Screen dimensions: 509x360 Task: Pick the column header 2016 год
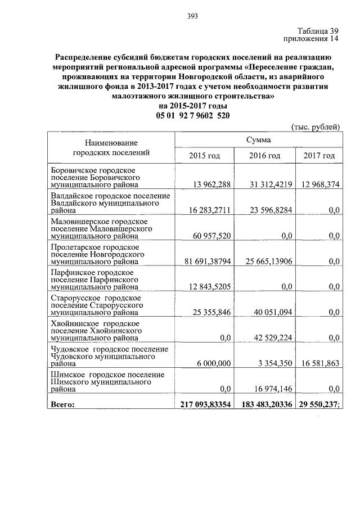point(264,155)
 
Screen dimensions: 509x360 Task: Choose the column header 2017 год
point(319,155)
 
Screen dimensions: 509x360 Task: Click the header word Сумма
point(258,139)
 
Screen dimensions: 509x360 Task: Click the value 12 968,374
point(319,185)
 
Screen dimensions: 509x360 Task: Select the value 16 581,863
point(319,363)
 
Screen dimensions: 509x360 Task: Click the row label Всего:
point(62,403)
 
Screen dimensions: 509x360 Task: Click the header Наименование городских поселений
point(111,147)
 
